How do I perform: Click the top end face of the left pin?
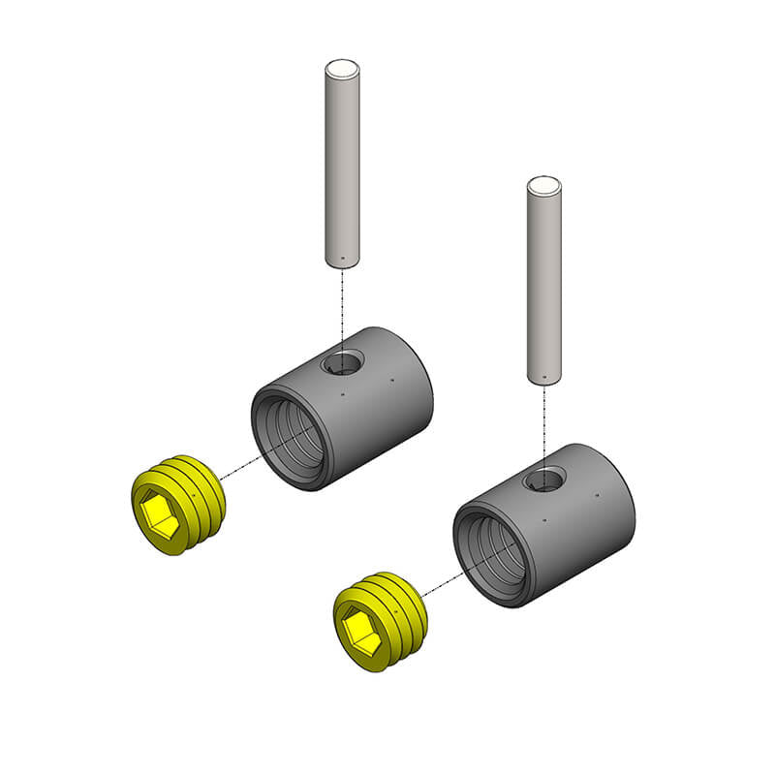click(x=341, y=69)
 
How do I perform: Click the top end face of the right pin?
click(x=543, y=185)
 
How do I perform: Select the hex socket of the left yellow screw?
click(x=159, y=511)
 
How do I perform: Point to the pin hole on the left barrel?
click(x=341, y=363)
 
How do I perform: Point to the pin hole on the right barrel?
click(x=543, y=479)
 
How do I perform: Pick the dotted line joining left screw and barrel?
click(x=238, y=470)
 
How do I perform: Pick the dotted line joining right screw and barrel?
click(x=441, y=585)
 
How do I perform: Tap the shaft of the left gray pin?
click(x=341, y=165)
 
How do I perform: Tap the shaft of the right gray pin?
click(x=543, y=281)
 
